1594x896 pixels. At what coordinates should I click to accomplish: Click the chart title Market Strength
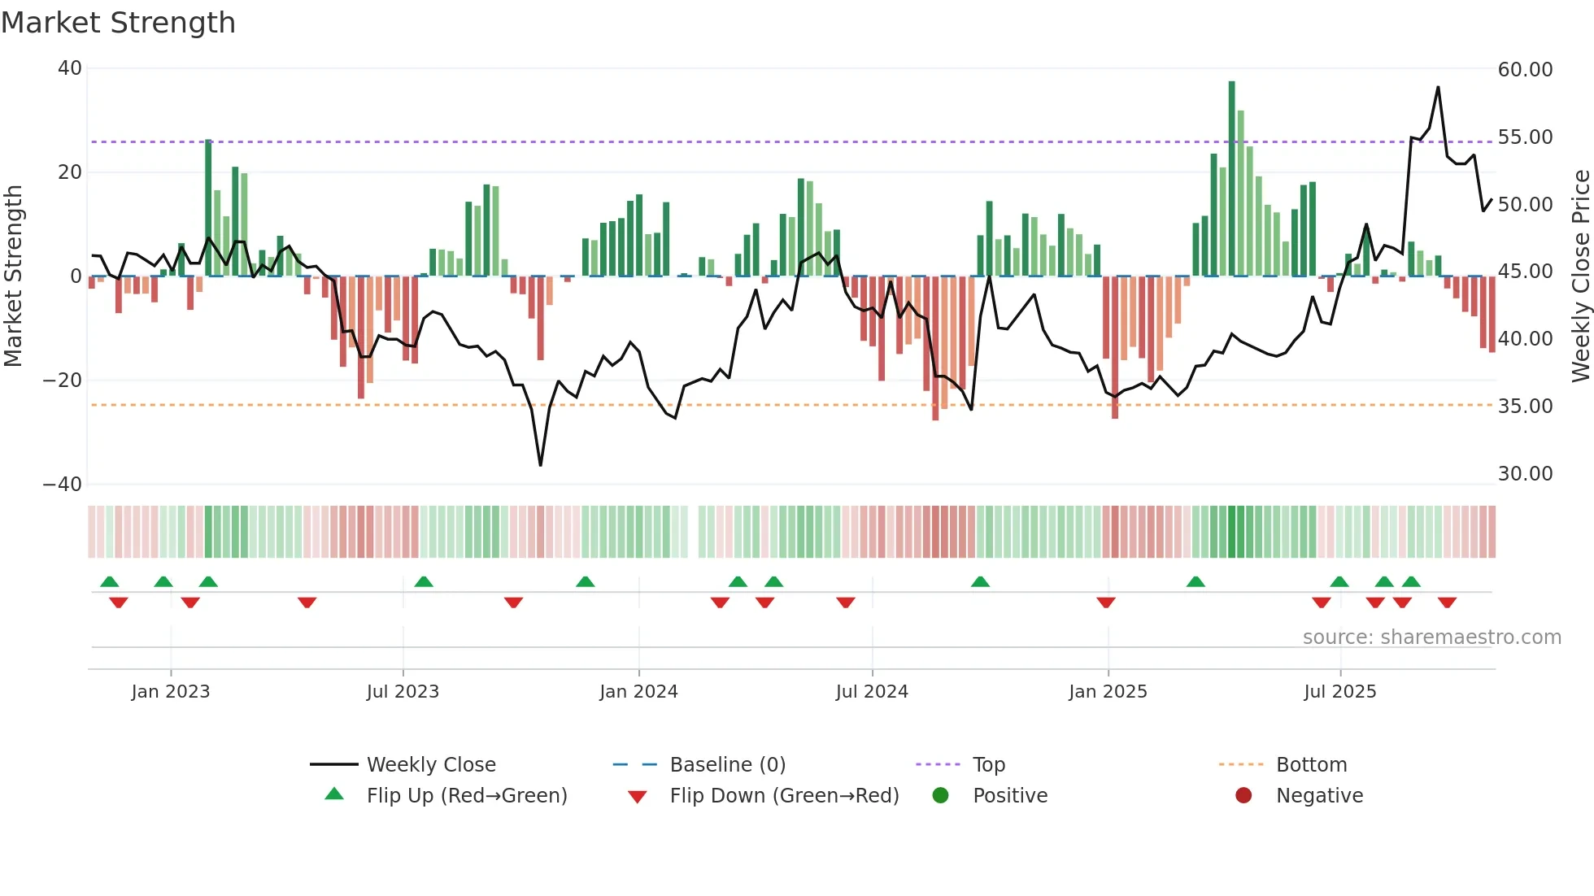click(x=118, y=23)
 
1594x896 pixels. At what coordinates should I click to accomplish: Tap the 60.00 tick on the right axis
click(x=1525, y=70)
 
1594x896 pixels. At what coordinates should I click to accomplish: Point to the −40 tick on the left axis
click(x=62, y=485)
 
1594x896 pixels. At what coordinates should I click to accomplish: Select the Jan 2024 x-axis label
click(x=638, y=692)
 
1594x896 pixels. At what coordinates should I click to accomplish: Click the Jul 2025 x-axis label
click(x=1339, y=692)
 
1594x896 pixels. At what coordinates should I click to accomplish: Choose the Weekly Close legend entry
click(x=430, y=765)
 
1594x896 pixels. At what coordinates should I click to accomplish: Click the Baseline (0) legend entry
click(x=727, y=765)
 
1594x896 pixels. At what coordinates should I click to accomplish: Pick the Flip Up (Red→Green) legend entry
click(x=466, y=796)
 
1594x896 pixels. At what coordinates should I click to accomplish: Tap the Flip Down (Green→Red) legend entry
click(x=784, y=796)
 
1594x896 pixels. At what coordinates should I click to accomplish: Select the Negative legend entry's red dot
click(x=1243, y=796)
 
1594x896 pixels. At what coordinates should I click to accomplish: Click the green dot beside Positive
click(x=940, y=796)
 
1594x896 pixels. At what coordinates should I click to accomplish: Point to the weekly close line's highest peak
click(x=1438, y=87)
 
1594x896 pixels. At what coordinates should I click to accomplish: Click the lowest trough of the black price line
click(x=540, y=465)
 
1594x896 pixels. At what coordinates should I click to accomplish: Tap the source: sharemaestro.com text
click(x=1431, y=637)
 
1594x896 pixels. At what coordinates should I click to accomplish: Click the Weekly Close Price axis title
click(x=1580, y=276)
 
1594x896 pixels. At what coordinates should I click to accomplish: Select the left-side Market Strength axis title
click(x=13, y=276)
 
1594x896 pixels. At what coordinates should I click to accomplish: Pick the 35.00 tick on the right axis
click(x=1525, y=407)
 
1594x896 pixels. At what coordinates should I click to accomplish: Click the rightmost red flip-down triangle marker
click(x=1447, y=602)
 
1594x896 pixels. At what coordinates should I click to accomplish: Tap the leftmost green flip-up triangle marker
click(x=109, y=581)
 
